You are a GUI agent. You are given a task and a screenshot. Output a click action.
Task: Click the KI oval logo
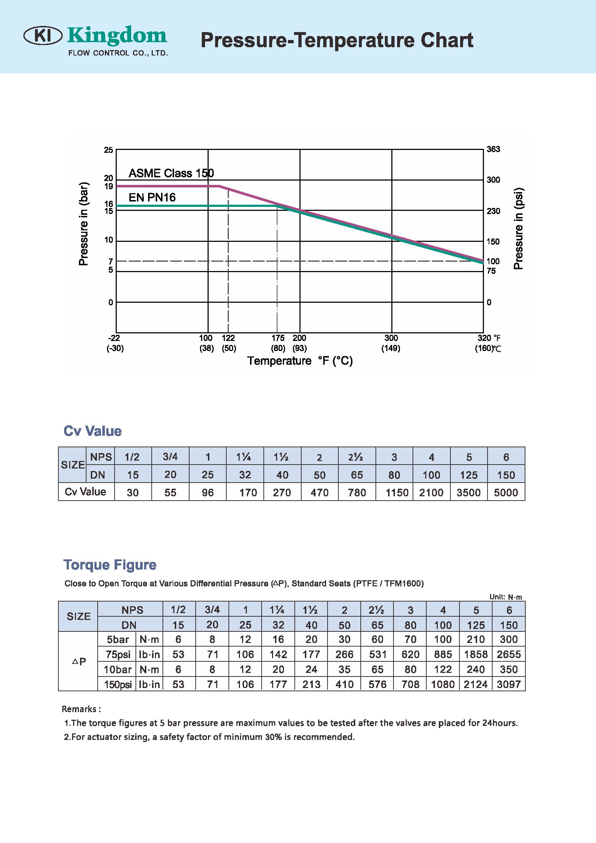tap(43, 36)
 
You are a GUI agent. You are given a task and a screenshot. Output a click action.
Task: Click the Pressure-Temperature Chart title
tap(337, 40)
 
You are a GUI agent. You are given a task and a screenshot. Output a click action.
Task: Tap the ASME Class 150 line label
tap(171, 173)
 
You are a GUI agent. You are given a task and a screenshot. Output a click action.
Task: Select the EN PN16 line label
tap(152, 198)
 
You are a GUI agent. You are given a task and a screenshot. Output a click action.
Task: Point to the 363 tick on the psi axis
tap(493, 149)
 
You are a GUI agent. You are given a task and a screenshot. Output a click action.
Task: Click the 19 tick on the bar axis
tap(108, 186)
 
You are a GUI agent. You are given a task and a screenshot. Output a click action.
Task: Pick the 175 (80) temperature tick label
tap(278, 343)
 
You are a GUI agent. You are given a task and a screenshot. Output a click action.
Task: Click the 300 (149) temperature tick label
tap(391, 343)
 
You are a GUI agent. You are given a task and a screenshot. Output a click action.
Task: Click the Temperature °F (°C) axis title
tap(300, 361)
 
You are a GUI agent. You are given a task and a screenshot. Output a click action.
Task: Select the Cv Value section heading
tap(93, 431)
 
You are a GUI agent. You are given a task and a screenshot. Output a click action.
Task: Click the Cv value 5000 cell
tap(506, 492)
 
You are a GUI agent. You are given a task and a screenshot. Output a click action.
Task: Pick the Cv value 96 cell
tap(207, 492)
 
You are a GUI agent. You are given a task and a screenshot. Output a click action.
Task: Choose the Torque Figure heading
tap(110, 564)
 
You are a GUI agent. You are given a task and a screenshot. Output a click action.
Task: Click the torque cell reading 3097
tap(509, 684)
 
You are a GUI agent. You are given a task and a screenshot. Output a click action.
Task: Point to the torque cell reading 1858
tap(476, 655)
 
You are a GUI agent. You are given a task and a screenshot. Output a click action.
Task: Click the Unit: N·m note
tap(505, 597)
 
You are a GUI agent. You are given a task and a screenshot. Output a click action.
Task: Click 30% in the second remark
tap(273, 737)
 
